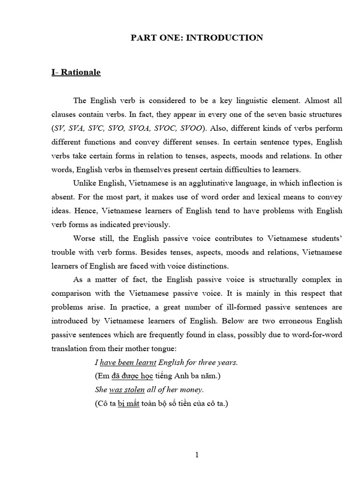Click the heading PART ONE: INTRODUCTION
(196, 37)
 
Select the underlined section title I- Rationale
(75, 73)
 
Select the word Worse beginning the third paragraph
(85, 239)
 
